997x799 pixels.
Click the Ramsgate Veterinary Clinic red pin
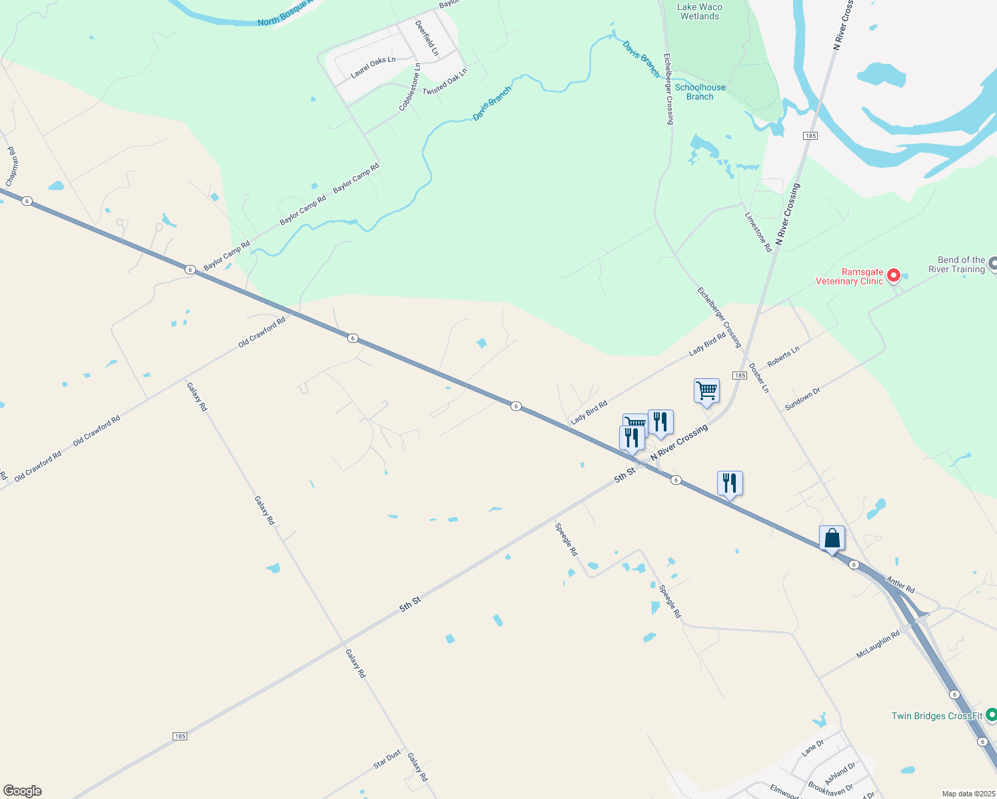tap(893, 275)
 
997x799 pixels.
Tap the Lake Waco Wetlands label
tap(699, 11)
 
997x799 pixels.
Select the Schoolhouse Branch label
tap(700, 92)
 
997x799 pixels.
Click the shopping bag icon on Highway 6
tap(832, 538)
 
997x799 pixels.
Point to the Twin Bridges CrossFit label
tap(937, 716)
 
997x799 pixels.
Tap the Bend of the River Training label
tap(956, 264)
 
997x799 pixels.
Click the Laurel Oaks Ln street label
tap(373, 67)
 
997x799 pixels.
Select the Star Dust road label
tap(387, 759)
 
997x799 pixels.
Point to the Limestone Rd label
tap(758, 232)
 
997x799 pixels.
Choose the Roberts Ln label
tap(783, 356)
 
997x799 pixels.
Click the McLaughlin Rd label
tap(878, 645)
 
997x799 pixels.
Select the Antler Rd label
tap(900, 585)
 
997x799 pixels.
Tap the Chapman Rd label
tap(12, 166)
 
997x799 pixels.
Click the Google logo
tap(23, 791)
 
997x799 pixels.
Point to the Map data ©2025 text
tap(968, 794)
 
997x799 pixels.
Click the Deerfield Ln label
tap(427, 38)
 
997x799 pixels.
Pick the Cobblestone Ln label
tap(410, 87)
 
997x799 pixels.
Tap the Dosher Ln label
tap(758, 378)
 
